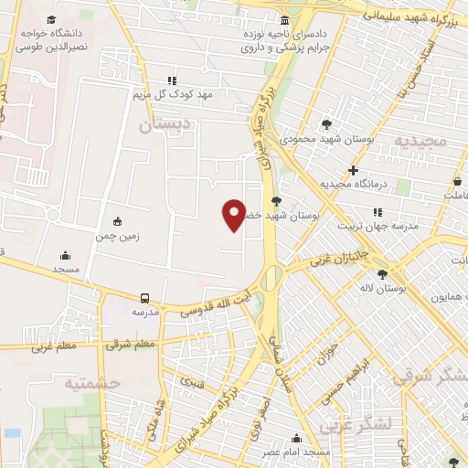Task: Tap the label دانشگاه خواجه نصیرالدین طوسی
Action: pos(52,37)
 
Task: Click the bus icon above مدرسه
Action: pos(145,298)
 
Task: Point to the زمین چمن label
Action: pos(117,236)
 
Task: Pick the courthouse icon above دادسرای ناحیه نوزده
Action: pos(285,20)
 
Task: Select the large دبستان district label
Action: pos(167,125)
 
